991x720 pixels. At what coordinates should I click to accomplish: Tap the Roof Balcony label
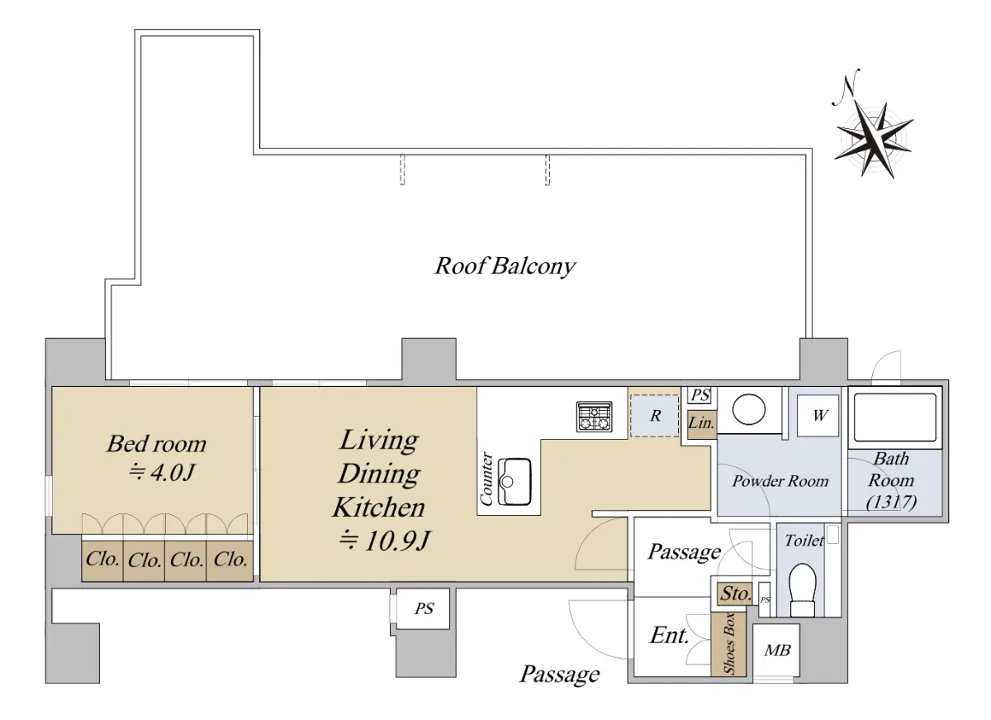click(505, 266)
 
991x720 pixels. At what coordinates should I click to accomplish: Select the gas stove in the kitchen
click(594, 417)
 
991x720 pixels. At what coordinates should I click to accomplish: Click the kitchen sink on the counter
click(514, 481)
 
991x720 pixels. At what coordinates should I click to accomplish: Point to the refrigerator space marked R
click(654, 415)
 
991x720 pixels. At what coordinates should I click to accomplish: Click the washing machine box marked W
click(818, 416)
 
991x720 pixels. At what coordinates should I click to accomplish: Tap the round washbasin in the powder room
click(748, 409)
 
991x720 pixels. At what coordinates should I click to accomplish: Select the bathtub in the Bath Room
click(895, 417)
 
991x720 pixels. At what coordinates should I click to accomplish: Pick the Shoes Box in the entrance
click(728, 644)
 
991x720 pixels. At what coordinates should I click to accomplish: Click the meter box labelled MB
click(776, 651)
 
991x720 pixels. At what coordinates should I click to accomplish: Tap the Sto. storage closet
click(735, 594)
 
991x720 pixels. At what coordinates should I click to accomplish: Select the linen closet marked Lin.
click(702, 424)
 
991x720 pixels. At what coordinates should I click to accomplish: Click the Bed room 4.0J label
click(157, 458)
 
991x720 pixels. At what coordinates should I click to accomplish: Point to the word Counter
click(486, 479)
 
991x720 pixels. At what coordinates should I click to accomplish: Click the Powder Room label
click(780, 481)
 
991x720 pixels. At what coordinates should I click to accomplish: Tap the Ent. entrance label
click(670, 636)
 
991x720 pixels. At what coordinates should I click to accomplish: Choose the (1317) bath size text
click(891, 502)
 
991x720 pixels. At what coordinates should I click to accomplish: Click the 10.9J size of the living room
click(383, 541)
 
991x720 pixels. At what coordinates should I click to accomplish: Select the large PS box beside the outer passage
click(423, 608)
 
